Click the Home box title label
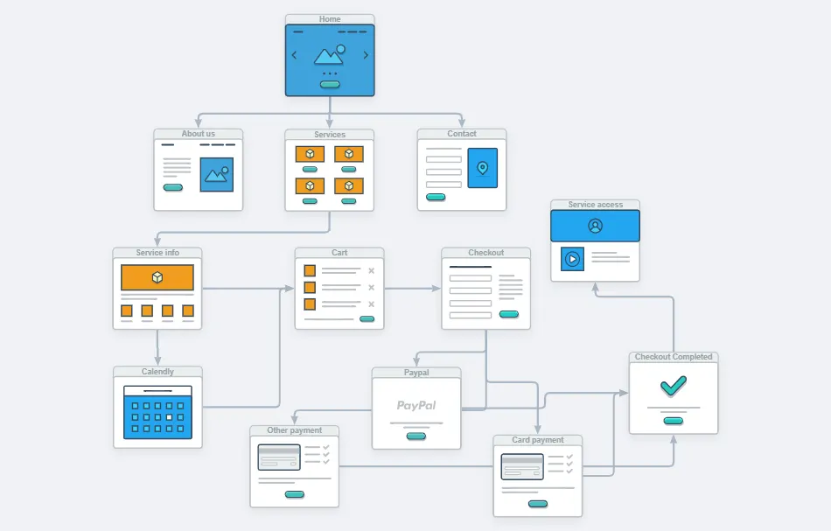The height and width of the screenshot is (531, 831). pyautogui.click(x=330, y=19)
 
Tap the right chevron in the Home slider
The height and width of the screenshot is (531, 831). pyautogui.click(x=366, y=55)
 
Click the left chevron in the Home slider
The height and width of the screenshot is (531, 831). pyautogui.click(x=294, y=55)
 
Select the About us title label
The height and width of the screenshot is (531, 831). pyautogui.click(x=199, y=134)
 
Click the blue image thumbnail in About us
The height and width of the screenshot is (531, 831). pyautogui.click(x=217, y=174)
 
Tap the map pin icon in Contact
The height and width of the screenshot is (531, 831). pyautogui.click(x=482, y=167)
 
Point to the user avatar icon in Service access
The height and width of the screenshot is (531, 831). pyautogui.click(x=595, y=226)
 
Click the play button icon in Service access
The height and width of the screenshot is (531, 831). pyautogui.click(x=572, y=259)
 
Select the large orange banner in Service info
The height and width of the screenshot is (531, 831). pyautogui.click(x=157, y=277)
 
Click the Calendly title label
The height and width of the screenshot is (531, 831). pyautogui.click(x=157, y=372)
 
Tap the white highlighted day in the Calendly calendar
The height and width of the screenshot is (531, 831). pyautogui.click(x=169, y=418)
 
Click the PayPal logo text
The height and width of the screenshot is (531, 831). pyautogui.click(x=416, y=405)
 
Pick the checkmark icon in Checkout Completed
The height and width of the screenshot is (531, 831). pyautogui.click(x=673, y=385)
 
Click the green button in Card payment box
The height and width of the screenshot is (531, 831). pyautogui.click(x=538, y=504)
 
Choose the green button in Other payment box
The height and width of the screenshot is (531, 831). pyautogui.click(x=295, y=494)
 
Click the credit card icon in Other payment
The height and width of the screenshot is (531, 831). pyautogui.click(x=279, y=458)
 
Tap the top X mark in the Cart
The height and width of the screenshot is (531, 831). pyautogui.click(x=371, y=271)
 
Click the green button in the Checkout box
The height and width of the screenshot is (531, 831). pyautogui.click(x=508, y=314)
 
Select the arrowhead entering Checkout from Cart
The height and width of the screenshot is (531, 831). pyautogui.click(x=437, y=288)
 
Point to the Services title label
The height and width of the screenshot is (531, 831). pyautogui.click(x=330, y=135)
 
